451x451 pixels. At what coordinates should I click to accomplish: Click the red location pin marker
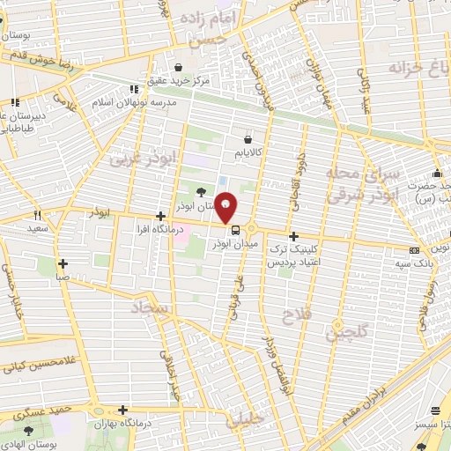coord(227,207)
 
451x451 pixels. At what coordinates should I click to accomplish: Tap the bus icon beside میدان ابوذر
coord(223,231)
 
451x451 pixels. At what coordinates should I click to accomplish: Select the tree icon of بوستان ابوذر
coord(202,193)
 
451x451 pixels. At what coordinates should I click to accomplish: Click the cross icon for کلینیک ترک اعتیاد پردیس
coord(293,236)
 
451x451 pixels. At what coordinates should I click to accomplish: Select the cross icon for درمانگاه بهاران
coord(122,410)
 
